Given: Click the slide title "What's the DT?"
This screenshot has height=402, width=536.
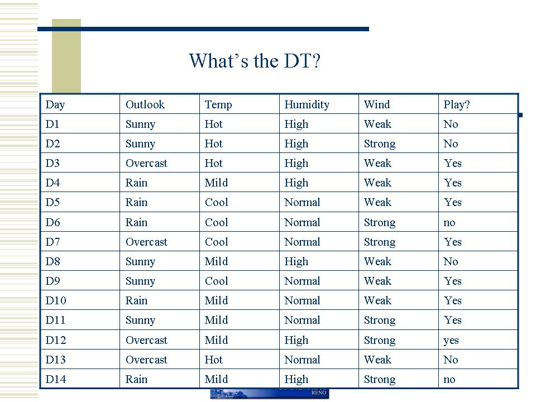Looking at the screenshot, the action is pyautogui.click(x=255, y=61).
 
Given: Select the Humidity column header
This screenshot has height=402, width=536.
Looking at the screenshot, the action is pyautogui.click(x=307, y=104).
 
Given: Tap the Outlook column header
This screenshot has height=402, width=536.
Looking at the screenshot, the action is pyautogui.click(x=145, y=104).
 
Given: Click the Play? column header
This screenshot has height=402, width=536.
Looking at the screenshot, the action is pyautogui.click(x=457, y=104).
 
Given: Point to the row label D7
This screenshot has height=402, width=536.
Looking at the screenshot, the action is pyautogui.click(x=52, y=242).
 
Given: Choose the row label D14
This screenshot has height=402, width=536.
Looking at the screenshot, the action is pyautogui.click(x=56, y=379).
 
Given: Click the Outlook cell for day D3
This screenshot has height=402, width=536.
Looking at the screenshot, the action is pyautogui.click(x=146, y=164).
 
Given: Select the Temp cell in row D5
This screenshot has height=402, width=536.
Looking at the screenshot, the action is pyautogui.click(x=217, y=202).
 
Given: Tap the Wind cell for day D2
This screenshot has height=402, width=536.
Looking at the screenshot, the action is pyautogui.click(x=380, y=144).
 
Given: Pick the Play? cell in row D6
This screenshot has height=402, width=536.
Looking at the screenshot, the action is pyautogui.click(x=449, y=223).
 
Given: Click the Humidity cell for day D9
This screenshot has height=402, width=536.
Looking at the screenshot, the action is pyautogui.click(x=302, y=281).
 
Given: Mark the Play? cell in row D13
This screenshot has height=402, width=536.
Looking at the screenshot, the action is pyautogui.click(x=451, y=360).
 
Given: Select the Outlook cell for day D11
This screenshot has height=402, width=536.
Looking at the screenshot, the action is pyautogui.click(x=140, y=320).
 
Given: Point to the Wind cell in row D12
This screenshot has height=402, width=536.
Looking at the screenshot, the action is pyautogui.click(x=380, y=341).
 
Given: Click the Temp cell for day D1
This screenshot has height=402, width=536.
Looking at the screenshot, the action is pyautogui.click(x=214, y=124).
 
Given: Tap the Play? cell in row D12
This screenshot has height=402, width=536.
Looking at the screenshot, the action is pyautogui.click(x=451, y=341).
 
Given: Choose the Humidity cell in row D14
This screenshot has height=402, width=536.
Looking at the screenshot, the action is pyautogui.click(x=296, y=380).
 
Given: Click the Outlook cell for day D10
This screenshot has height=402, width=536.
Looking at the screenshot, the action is pyautogui.click(x=136, y=300).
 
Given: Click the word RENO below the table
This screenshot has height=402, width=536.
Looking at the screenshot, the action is pyautogui.click(x=319, y=393).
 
